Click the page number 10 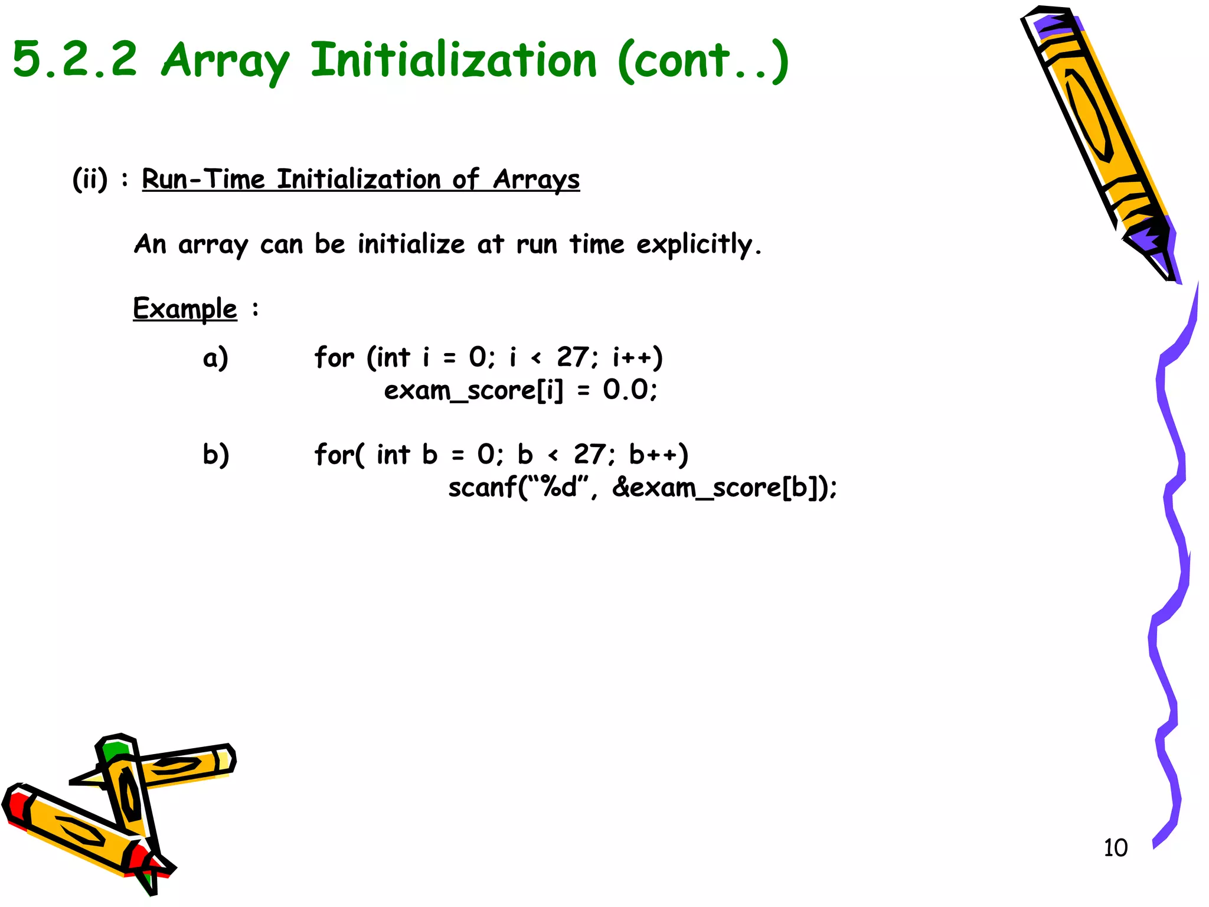[1115, 848]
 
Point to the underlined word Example [185, 309]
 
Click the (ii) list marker [90, 179]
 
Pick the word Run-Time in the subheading [203, 179]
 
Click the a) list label [215, 358]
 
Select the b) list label [215, 455]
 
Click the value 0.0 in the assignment [626, 390]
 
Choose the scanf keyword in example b [482, 488]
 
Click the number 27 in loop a [573, 357]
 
